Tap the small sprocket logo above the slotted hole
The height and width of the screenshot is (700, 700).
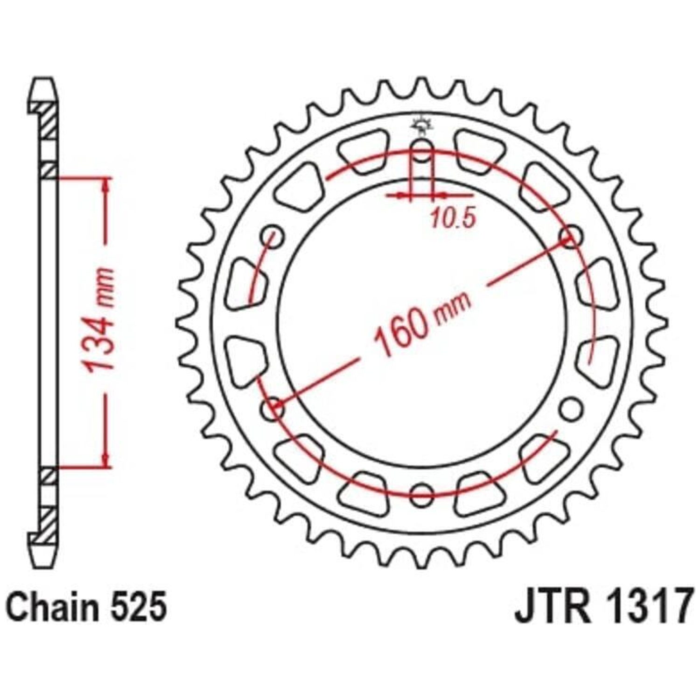click(421, 125)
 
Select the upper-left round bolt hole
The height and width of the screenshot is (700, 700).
click(273, 238)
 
